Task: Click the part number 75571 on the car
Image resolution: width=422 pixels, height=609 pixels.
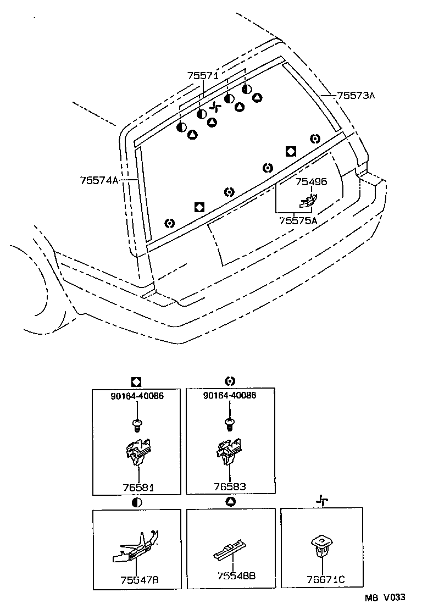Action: pyautogui.click(x=203, y=76)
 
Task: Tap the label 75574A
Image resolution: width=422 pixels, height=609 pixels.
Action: pyautogui.click(x=99, y=180)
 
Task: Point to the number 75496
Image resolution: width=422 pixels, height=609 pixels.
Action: pyautogui.click(x=311, y=182)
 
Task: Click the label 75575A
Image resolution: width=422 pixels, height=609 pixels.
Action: pyautogui.click(x=298, y=220)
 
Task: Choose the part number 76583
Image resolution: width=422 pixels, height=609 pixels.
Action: pyautogui.click(x=230, y=486)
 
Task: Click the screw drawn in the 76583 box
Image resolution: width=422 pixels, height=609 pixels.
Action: pyautogui.click(x=230, y=423)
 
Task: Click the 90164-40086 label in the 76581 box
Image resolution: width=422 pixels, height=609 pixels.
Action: pyautogui.click(x=137, y=395)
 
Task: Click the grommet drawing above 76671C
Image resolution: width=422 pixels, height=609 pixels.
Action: pyautogui.click(x=321, y=545)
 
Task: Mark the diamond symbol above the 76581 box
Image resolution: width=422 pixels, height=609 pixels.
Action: pyautogui.click(x=137, y=381)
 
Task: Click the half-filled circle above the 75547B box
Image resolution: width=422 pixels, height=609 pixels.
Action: pyautogui.click(x=137, y=502)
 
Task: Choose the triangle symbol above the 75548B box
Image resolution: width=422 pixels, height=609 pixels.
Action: pyautogui.click(x=230, y=502)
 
